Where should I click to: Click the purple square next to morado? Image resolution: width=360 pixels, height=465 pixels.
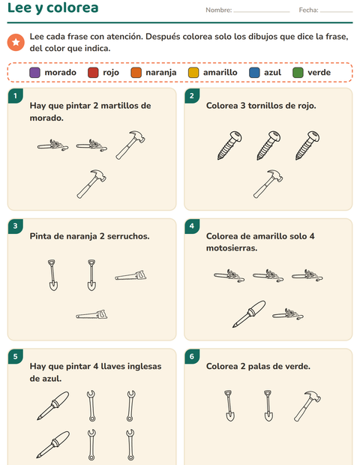click(34, 73)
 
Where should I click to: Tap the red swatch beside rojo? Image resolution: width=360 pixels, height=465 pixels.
click(93, 73)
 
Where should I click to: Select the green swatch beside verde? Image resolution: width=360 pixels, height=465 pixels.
click(298, 73)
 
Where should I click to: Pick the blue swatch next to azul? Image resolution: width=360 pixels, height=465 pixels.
click(254, 73)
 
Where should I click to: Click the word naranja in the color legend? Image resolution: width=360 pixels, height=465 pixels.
click(161, 73)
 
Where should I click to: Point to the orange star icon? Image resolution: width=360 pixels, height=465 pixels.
click(16, 43)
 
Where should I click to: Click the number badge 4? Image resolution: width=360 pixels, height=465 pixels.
click(192, 226)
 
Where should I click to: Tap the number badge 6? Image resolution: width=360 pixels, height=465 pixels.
click(192, 356)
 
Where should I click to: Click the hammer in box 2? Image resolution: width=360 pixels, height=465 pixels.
click(268, 184)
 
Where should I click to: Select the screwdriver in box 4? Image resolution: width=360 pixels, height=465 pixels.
click(249, 313)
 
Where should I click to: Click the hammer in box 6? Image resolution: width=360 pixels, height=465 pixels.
click(307, 406)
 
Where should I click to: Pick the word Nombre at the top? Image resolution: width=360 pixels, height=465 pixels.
click(218, 10)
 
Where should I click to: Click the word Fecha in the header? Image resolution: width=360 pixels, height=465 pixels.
click(308, 10)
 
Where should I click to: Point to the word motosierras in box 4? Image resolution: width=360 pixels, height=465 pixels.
click(232, 248)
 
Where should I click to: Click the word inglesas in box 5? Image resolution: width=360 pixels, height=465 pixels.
click(145, 367)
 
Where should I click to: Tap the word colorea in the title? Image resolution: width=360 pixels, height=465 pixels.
click(72, 8)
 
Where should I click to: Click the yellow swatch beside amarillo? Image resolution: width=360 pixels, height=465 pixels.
click(193, 73)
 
